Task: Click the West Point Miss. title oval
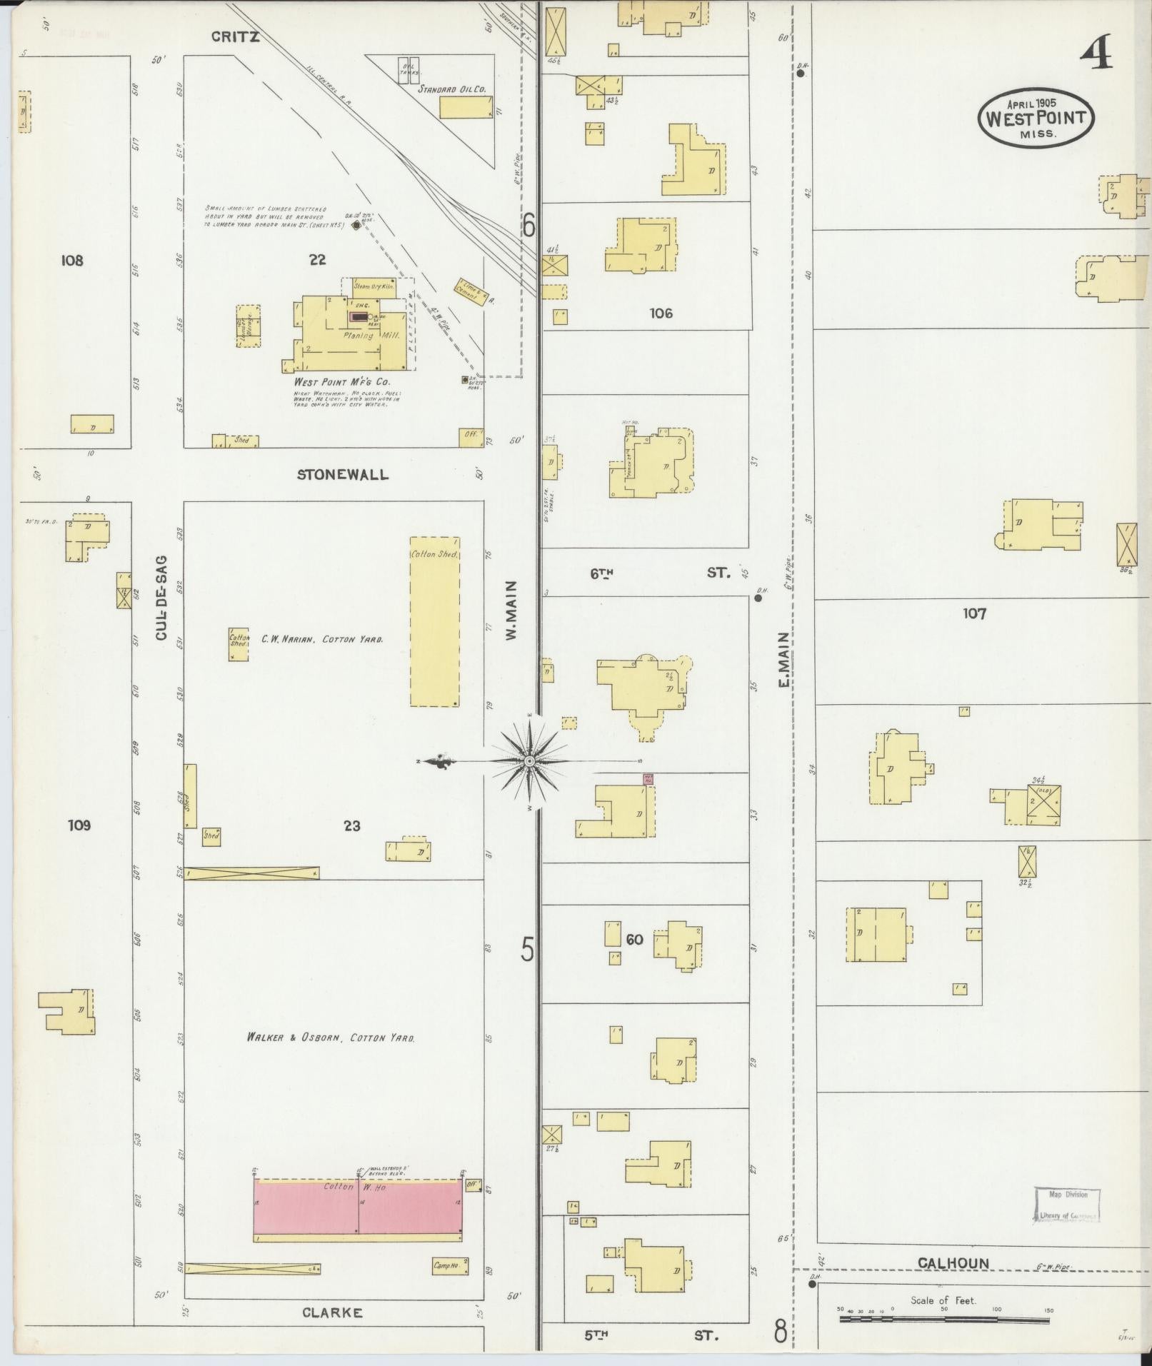[1036, 119]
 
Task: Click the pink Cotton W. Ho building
[358, 1207]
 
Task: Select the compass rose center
[529, 762]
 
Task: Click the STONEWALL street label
[343, 475]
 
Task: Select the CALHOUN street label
[953, 1263]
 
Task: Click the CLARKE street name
[332, 1312]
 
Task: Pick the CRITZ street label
[235, 37]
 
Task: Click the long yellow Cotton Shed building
[434, 621]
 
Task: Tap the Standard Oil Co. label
[452, 90]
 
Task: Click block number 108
[72, 261]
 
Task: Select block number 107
[974, 613]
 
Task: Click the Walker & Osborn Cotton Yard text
[330, 1038]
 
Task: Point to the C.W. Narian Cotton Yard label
[321, 639]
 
